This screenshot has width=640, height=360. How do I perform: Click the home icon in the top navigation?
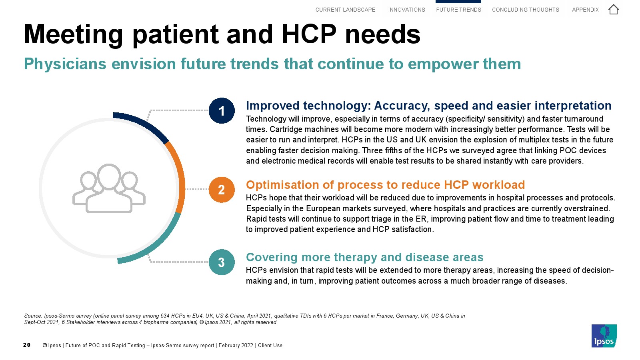click(x=613, y=10)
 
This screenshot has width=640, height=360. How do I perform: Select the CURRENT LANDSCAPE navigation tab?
click(x=345, y=10)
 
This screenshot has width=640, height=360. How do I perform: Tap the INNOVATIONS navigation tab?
click(x=406, y=10)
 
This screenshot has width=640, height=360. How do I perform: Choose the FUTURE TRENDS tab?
click(x=458, y=10)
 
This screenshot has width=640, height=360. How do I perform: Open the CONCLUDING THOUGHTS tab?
click(x=526, y=10)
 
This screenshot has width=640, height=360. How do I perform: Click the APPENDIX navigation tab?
click(x=585, y=10)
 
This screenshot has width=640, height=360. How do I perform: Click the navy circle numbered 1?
click(x=222, y=110)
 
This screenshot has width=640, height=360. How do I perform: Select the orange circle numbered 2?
click(x=222, y=190)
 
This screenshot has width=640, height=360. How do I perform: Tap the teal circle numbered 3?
click(x=222, y=262)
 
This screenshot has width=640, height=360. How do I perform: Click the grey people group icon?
click(x=109, y=188)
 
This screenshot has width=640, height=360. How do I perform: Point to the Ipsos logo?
click(x=604, y=336)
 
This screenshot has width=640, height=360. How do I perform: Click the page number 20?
click(x=27, y=345)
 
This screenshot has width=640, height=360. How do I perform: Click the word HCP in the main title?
click(x=309, y=34)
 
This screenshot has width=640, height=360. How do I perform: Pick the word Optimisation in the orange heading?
click(x=282, y=185)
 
